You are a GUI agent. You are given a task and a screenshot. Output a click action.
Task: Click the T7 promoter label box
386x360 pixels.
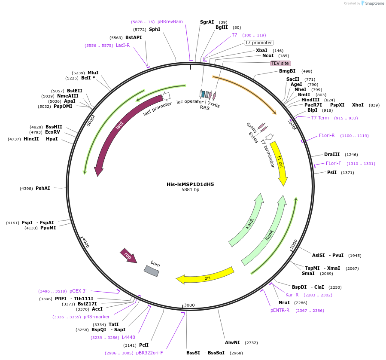click(x=258, y=43)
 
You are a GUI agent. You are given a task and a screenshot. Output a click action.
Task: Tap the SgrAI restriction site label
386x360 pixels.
click(x=207, y=22)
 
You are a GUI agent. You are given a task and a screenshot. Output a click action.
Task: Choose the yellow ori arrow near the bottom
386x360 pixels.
click(x=206, y=277)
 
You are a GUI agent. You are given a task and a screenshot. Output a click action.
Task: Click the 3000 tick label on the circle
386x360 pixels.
click(x=189, y=305)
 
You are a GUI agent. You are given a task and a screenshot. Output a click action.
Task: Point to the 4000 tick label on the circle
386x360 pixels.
click(x=85, y=243)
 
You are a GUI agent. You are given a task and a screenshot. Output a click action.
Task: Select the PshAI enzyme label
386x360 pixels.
click(x=43, y=188)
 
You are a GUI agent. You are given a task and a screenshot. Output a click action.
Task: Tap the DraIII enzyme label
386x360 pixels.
click(x=332, y=154)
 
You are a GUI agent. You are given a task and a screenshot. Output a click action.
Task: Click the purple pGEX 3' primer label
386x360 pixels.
click(x=78, y=291)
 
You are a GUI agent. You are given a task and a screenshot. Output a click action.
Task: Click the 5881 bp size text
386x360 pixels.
click(x=190, y=190)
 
